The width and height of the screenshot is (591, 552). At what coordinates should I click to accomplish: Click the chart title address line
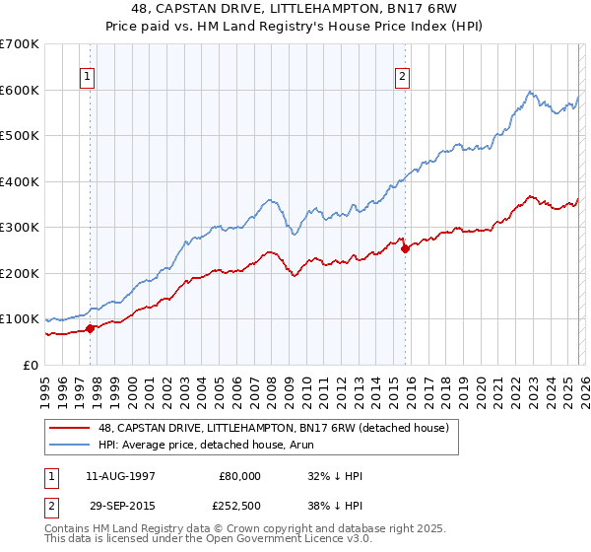[295, 8]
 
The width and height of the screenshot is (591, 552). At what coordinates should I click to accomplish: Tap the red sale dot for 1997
[90, 328]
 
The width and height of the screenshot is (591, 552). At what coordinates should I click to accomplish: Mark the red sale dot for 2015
[406, 248]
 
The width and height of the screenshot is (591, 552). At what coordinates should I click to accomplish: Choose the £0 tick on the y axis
[30, 365]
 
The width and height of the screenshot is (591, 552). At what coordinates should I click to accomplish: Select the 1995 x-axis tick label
[45, 388]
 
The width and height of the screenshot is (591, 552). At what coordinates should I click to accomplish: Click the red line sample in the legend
[71, 428]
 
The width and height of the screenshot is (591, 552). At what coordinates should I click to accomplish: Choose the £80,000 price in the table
[239, 476]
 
